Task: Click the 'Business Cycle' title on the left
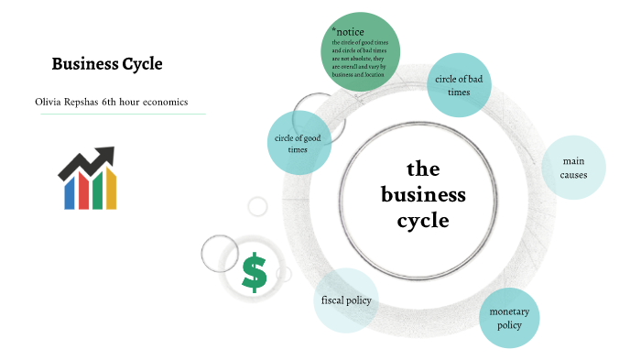pos(106,64)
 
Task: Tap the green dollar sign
pos(255,273)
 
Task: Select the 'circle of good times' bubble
pos(298,144)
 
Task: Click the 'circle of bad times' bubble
pos(460,85)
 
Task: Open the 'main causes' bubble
pos(574,168)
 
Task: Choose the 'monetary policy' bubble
pos(509,318)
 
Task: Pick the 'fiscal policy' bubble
pos(346,300)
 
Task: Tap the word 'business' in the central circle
pos(423,194)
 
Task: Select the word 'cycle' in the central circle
pos(423,220)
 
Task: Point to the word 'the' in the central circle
pos(423,169)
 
